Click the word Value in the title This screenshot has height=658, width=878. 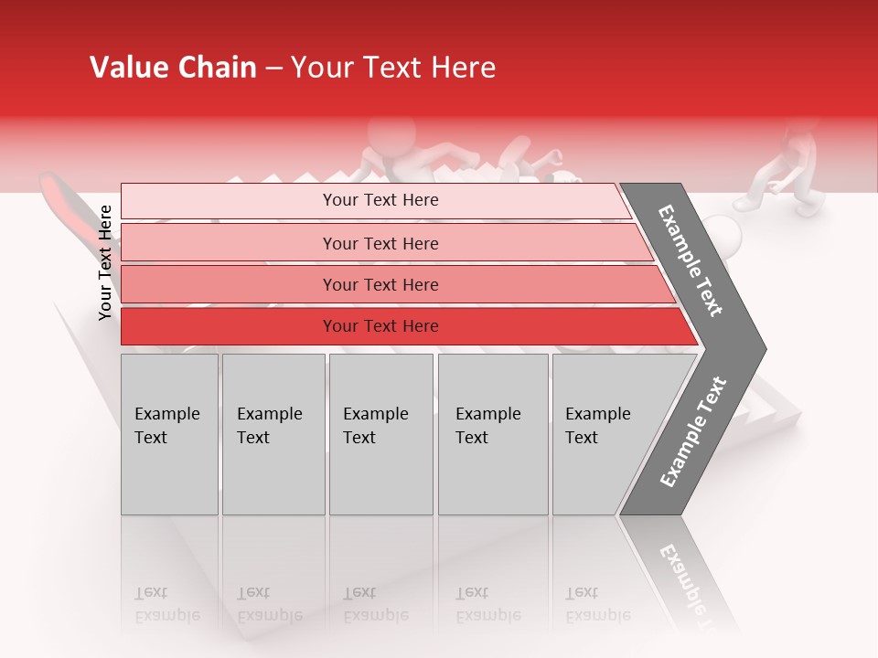pos(124,68)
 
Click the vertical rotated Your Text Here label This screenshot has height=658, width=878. pos(105,263)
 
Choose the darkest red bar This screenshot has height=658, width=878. pos(229,326)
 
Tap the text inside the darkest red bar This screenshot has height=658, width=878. pos(380,326)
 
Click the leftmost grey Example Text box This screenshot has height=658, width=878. pos(169,434)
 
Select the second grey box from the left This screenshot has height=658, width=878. pos(273,434)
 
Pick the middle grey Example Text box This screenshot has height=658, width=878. pos(380,434)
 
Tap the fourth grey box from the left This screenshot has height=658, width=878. pos(493,434)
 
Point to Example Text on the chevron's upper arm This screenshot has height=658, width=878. pos(691,261)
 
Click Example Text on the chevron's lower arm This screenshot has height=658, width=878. pos(693,431)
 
